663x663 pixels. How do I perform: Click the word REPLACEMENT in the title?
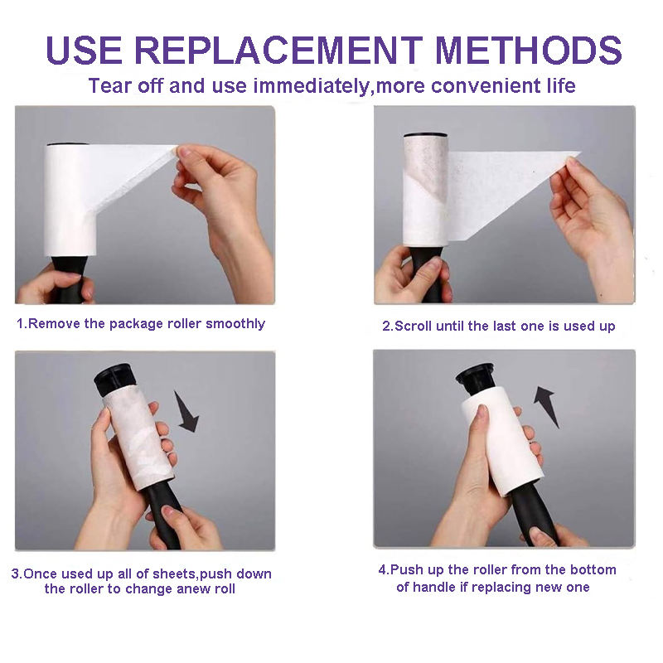click(278, 51)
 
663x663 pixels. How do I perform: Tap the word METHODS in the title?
click(529, 51)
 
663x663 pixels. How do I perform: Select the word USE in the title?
click(84, 51)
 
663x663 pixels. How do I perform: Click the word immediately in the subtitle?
click(312, 86)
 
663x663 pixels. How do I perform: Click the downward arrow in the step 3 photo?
click(186, 411)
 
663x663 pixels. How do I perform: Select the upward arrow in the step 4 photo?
click(546, 406)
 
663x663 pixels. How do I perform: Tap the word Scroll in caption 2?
click(413, 327)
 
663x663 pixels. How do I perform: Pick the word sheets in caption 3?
click(175, 573)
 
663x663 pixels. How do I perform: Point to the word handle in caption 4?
click(438, 588)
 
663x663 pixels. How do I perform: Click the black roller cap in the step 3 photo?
click(114, 380)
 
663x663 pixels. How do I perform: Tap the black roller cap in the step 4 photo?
click(476, 378)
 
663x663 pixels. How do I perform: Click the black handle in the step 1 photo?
click(69, 279)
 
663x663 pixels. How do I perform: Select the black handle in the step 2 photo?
click(428, 274)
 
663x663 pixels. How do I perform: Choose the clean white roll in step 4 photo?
click(502, 441)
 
